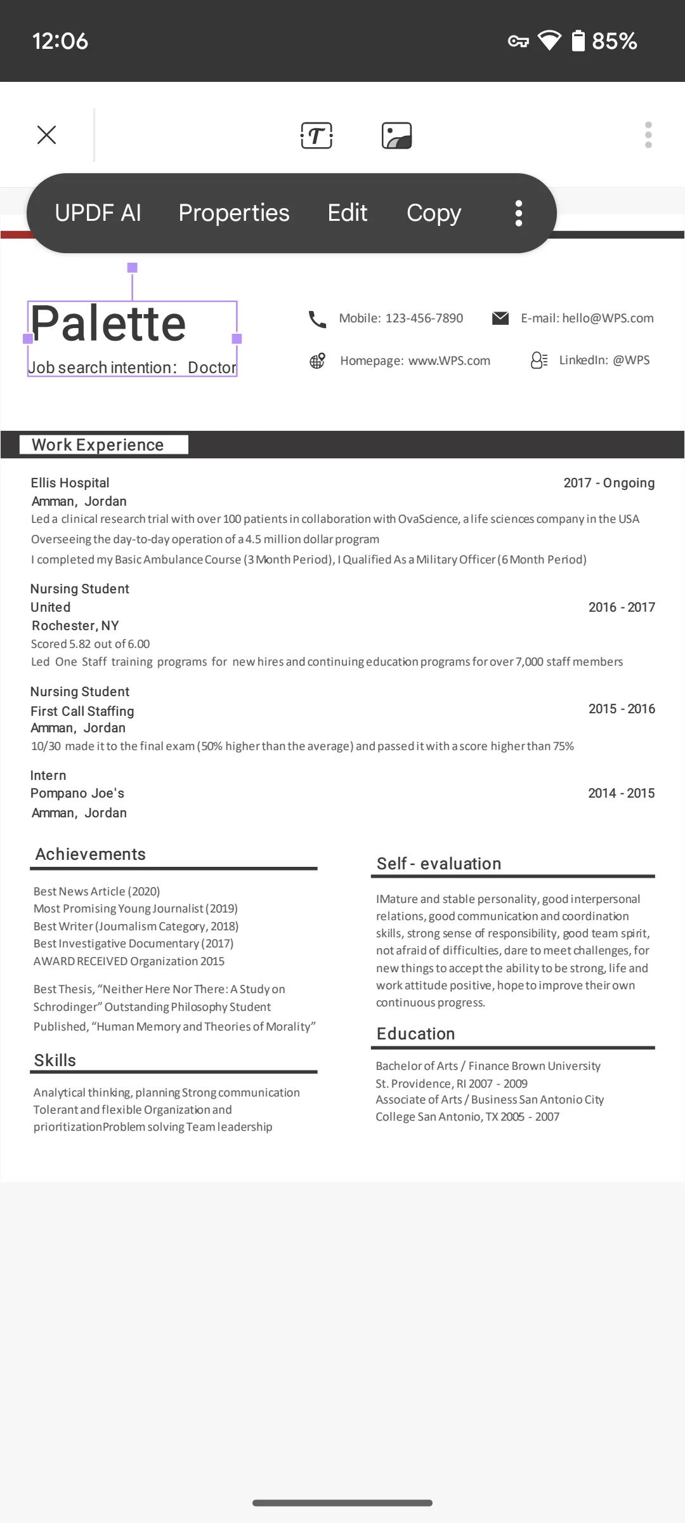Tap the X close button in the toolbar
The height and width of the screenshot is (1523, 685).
point(46,135)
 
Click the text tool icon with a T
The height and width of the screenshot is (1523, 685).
point(316,135)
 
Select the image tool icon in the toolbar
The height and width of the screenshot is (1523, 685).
point(397,135)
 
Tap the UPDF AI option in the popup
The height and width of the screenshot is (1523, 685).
point(98,213)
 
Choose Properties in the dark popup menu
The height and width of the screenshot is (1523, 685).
point(234,213)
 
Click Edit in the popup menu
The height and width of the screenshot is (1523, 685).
point(348,213)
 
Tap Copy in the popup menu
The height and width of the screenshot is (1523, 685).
point(434,213)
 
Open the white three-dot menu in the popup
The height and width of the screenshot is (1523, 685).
point(519,213)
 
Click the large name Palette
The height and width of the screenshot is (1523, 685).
point(108,324)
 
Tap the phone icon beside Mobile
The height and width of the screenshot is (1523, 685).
point(317,319)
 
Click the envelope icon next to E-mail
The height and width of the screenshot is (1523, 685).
point(500,318)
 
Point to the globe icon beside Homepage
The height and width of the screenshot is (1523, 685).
point(317,361)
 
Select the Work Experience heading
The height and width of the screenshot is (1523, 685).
point(98,445)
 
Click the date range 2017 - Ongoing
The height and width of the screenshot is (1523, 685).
point(609,483)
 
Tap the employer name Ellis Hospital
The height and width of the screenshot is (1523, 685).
point(70,483)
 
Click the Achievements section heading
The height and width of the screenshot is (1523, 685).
point(91,854)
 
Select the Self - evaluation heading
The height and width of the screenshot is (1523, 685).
point(439,864)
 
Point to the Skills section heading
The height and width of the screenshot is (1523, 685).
point(55,1060)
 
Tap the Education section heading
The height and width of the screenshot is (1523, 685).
point(416,1034)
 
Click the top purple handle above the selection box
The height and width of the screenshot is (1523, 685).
point(133,268)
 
